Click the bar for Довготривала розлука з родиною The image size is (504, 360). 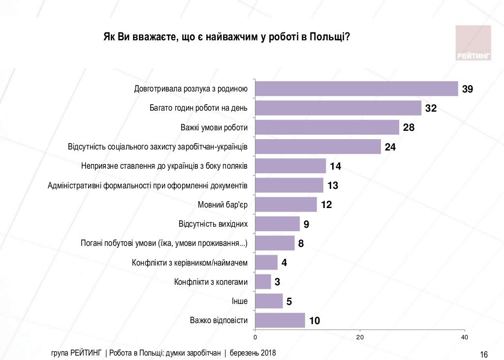tap(357, 89)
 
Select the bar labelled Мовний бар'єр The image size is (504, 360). tap(286, 205)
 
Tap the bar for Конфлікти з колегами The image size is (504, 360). tap(263, 282)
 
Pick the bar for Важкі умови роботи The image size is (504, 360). tap(327, 127)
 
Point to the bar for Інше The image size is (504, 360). tap(269, 301)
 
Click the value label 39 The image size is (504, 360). tap(467, 89)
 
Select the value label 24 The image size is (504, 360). tap(390, 147)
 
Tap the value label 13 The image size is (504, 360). tap(333, 185)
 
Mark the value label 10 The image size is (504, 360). tap(315, 321)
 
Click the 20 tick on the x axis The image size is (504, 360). tap(360, 337)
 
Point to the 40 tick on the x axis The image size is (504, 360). tap(464, 337)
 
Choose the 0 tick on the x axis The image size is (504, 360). tap(255, 337)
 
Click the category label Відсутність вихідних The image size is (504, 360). tap(213, 224)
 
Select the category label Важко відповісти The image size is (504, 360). tap(219, 321)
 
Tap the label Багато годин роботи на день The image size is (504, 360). tap(198, 108)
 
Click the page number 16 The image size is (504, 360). tap(483, 355)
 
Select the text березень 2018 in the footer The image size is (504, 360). tap(253, 353)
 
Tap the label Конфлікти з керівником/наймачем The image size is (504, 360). tap(189, 263)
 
